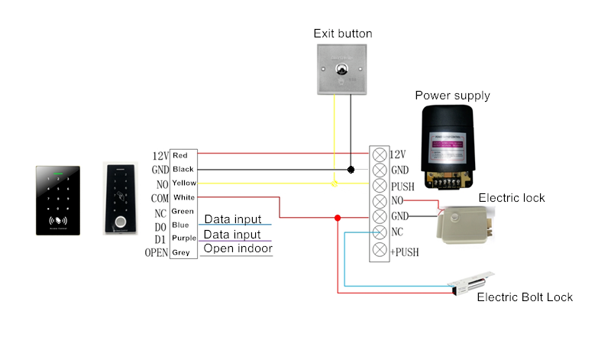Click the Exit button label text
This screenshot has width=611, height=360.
pos(343,34)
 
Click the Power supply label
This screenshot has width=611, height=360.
pos(452,96)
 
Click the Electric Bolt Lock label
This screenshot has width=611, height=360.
pos(524,297)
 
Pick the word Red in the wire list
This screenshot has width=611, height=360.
pos(181,156)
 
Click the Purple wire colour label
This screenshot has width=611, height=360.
pos(183,238)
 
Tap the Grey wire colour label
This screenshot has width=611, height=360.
pos(181,252)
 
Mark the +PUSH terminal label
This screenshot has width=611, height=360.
pos(405,250)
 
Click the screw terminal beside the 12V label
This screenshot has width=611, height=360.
pos(380,154)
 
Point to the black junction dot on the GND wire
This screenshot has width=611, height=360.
pos(351,169)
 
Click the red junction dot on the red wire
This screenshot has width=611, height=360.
pos(338,218)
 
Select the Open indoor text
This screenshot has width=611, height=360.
pos(238,248)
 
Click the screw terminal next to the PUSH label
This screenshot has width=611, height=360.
pos(380,186)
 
